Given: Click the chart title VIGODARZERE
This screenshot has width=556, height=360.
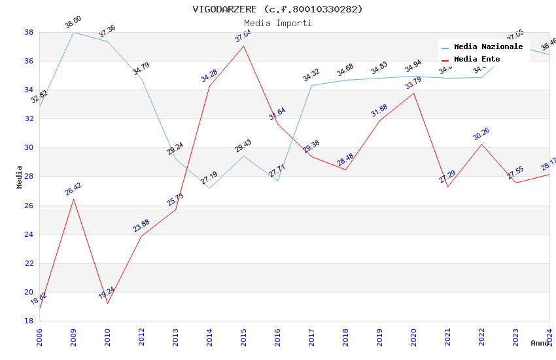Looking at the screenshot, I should (277, 9).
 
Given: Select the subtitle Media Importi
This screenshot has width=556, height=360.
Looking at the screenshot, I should (277, 23).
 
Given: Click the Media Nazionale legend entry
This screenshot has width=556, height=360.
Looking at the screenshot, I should (488, 47).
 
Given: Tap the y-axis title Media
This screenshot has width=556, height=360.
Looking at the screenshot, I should (20, 177).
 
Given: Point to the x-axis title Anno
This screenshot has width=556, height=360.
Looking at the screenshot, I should (540, 343).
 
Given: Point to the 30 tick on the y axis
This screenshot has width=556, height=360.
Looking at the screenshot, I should (29, 148).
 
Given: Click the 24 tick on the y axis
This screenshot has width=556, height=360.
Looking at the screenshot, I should (29, 234).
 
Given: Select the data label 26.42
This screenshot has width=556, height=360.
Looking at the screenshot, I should (73, 190).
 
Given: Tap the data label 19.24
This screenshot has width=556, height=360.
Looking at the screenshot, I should (107, 293).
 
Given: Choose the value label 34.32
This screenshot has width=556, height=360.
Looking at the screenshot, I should (311, 76).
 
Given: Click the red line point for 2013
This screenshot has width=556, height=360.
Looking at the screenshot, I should (175, 209).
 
